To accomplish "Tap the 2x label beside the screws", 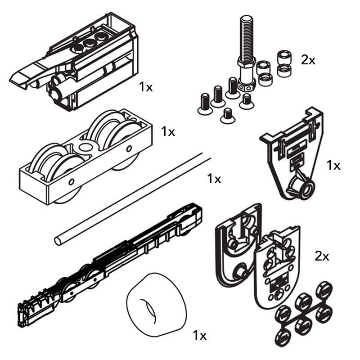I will (308, 60).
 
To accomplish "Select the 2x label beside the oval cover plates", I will (322, 256).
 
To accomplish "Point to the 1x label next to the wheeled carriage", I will (168, 131).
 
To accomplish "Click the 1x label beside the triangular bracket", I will (333, 165).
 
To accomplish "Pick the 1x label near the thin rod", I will (214, 179).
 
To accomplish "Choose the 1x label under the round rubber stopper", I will (199, 335).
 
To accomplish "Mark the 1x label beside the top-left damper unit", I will (146, 87).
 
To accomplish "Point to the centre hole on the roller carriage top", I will (84, 147).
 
